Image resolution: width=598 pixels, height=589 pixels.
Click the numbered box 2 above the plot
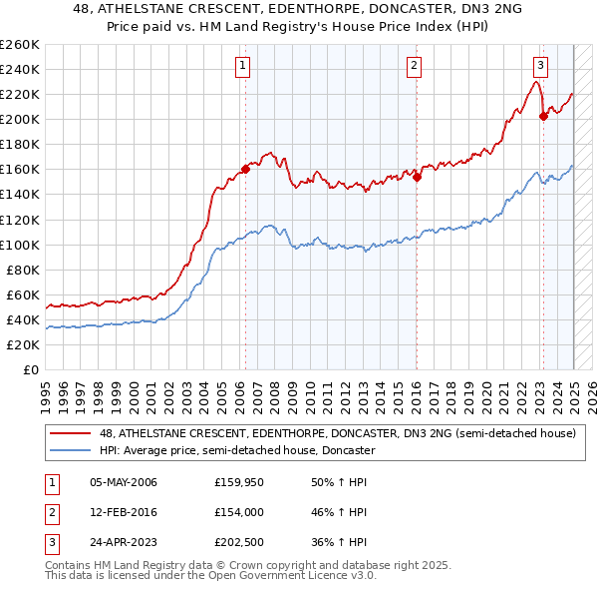[x=414, y=67]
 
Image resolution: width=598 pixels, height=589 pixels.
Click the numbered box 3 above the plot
[x=540, y=67]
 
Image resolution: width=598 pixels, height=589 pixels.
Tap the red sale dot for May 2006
[x=245, y=169]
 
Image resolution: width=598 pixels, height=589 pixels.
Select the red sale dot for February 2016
[x=418, y=178]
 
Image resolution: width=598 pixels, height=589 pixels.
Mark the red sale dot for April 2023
[x=544, y=116]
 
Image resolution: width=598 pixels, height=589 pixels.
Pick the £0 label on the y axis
[x=32, y=369]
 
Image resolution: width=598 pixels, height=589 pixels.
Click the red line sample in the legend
[x=70, y=434]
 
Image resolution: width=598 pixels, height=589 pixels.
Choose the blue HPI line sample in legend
[x=70, y=451]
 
